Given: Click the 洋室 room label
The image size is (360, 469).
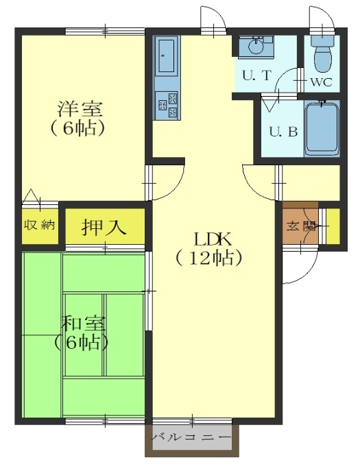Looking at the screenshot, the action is coord(80,109).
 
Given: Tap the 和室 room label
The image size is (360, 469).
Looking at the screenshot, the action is coord(83,324).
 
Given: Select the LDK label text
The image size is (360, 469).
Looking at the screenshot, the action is coord(213,239).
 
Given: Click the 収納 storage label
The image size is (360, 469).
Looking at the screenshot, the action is coord(40,224).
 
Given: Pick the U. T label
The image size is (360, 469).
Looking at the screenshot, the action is coord(256,75).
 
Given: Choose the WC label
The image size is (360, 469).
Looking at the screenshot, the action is coord(322,82).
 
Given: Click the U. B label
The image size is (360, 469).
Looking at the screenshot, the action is coord(283,132).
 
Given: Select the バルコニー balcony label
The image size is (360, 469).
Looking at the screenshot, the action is coord(191,437).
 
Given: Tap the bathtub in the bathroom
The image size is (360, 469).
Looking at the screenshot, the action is coord(322,129).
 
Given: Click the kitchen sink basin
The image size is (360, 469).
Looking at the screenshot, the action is coord(167,56).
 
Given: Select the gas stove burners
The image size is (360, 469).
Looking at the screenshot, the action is coord(167,106).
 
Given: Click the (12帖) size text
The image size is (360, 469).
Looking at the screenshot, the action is coord(208,258).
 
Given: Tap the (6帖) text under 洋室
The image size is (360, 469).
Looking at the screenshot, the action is coord(77,128).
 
